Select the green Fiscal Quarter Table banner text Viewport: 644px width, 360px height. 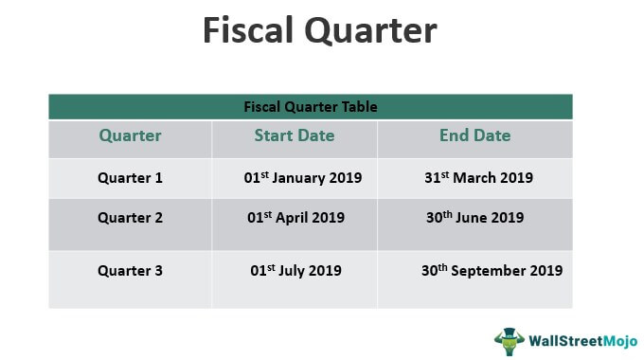[x=311, y=107]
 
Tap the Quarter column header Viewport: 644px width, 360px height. [x=130, y=135]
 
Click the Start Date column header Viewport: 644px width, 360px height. [x=294, y=135]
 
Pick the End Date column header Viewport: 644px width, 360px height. [x=474, y=135]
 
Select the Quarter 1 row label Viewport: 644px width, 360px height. [x=130, y=177]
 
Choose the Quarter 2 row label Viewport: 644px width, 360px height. [x=130, y=217]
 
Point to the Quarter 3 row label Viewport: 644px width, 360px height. [x=130, y=270]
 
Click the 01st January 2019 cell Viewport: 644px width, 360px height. [x=302, y=177]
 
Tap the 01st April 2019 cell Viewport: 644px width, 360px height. [x=295, y=217]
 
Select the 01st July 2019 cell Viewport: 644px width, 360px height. [x=295, y=270]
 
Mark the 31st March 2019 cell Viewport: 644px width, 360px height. [x=479, y=177]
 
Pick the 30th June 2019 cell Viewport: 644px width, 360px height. [x=474, y=217]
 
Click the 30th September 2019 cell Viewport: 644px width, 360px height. [x=492, y=270]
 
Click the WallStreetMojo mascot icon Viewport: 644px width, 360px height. [x=509, y=340]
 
